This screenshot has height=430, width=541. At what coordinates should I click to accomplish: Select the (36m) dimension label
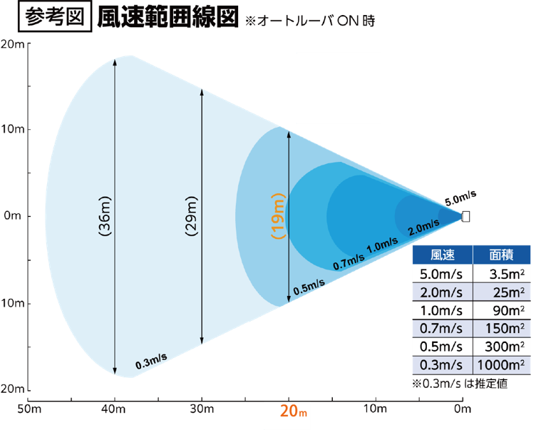point(105,215)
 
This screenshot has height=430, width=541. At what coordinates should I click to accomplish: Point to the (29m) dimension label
point(192,215)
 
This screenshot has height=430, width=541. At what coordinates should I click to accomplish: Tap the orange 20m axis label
point(293,412)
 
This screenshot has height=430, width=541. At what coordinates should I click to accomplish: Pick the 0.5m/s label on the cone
point(309,285)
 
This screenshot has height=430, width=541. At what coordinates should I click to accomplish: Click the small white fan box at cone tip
point(466,216)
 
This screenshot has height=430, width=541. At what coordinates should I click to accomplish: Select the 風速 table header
point(443,255)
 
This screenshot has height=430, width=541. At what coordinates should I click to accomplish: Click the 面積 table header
point(503,255)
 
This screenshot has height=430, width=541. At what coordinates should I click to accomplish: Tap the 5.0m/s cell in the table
point(443,273)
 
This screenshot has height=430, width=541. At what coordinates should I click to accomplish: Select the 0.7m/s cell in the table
point(443,329)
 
